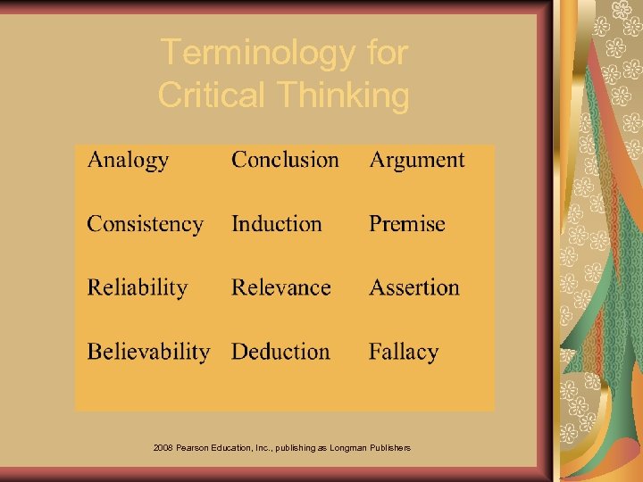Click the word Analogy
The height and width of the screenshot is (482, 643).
click(x=128, y=161)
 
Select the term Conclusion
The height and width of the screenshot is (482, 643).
click(x=285, y=160)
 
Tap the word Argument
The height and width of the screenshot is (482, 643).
click(x=417, y=161)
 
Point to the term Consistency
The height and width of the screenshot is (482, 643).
click(x=145, y=224)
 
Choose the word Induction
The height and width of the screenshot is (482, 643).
click(x=276, y=223)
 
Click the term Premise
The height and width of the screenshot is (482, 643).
click(x=406, y=223)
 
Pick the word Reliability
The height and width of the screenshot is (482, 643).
click(x=138, y=287)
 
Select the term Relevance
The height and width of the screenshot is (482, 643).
click(x=280, y=287)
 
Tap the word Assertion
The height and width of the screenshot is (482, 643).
click(x=414, y=287)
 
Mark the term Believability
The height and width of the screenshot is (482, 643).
click(x=148, y=352)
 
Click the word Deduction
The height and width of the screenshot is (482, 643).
click(x=280, y=352)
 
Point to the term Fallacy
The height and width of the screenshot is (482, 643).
click(x=404, y=352)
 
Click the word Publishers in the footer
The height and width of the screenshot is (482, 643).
click(x=390, y=447)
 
